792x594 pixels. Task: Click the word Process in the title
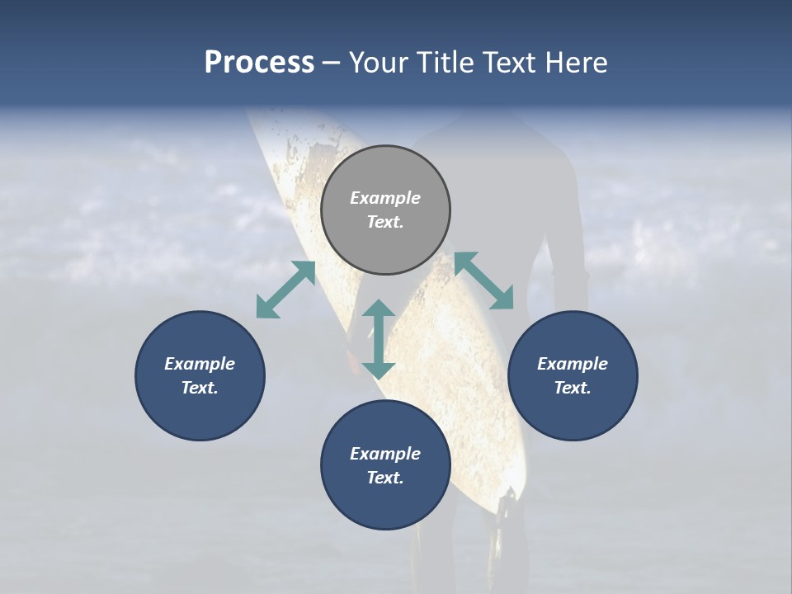coord(259,63)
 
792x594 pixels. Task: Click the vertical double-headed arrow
coord(379,339)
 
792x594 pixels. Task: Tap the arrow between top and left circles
coord(285,290)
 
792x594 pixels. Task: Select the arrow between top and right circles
coord(484,280)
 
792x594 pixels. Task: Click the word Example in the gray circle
coord(385,198)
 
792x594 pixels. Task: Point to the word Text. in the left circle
coord(200,388)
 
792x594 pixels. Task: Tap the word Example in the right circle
coord(573,364)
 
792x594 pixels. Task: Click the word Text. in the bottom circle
coord(385,478)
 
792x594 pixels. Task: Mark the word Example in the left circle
coord(200,364)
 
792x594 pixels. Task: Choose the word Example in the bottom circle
coord(385,454)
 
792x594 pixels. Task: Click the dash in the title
coord(332,64)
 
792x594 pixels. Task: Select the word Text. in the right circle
coord(573,388)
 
